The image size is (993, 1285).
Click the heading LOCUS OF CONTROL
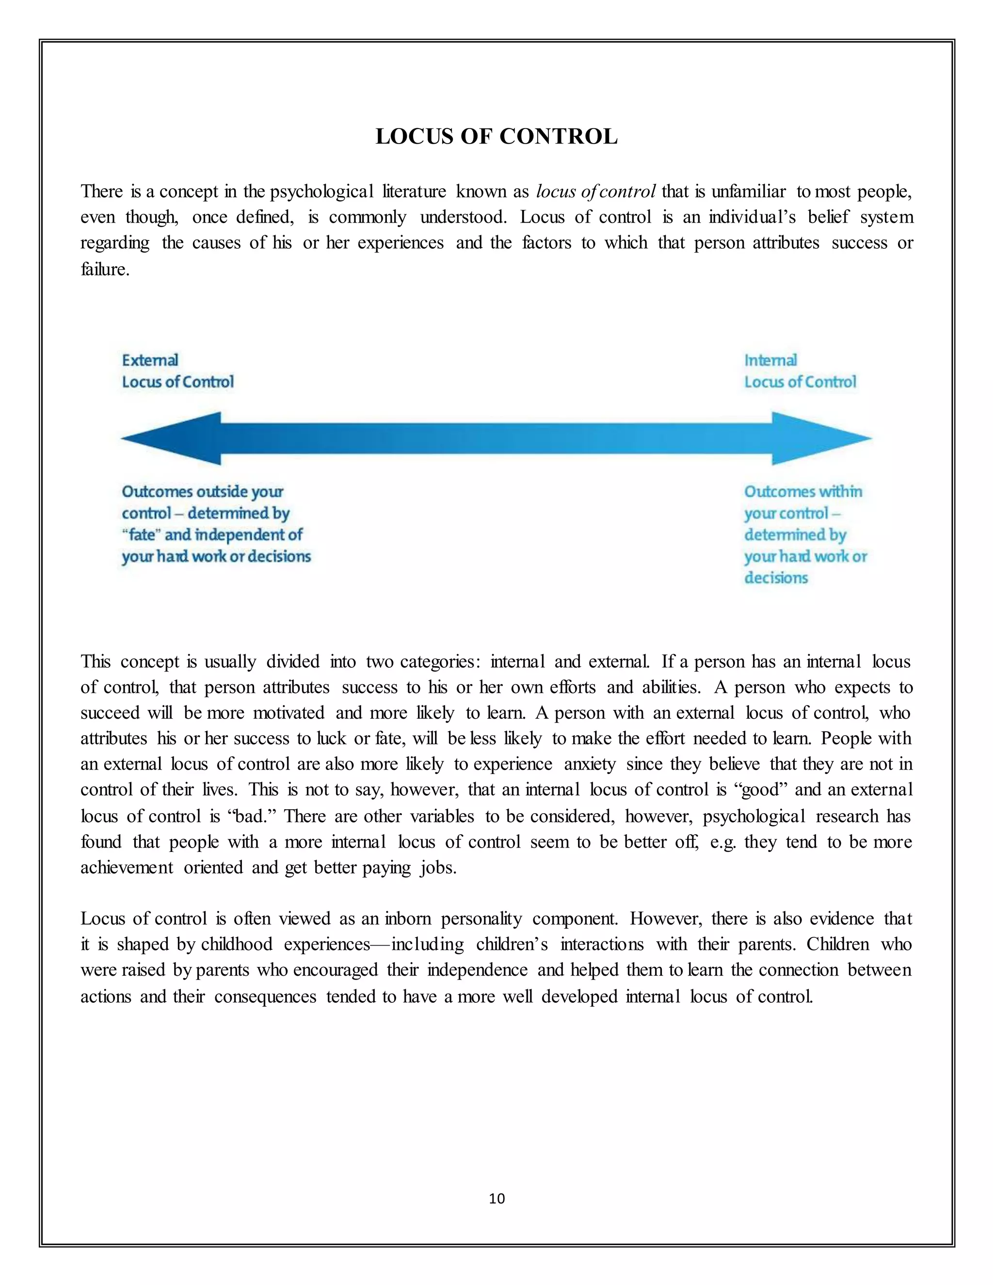click(x=496, y=137)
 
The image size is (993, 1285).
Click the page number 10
click(x=496, y=1199)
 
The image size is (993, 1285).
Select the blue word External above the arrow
click(x=150, y=360)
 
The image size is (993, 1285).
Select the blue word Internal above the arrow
click(x=770, y=360)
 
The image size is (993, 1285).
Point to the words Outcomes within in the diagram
click(x=803, y=492)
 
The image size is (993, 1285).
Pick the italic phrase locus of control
click(x=596, y=192)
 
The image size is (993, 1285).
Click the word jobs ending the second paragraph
click(x=438, y=868)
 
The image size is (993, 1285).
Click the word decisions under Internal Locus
click(x=776, y=578)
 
